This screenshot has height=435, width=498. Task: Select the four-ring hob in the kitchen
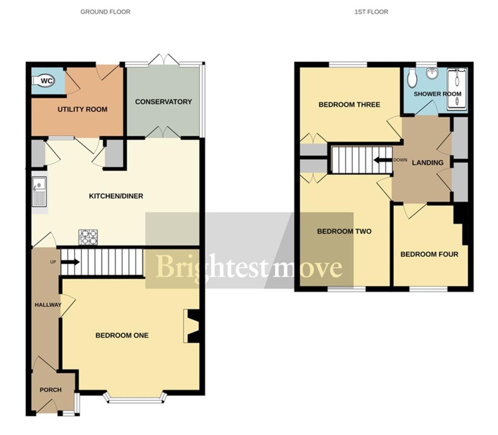tap(88, 237)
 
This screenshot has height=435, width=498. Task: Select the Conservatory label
tap(163, 102)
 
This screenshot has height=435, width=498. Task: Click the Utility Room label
tap(82, 109)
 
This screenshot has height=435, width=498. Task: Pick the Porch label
tap(50, 390)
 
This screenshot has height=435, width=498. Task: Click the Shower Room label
tap(437, 94)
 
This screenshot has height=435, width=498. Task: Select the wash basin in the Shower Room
tap(432, 73)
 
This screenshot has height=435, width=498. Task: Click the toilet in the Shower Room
tap(412, 78)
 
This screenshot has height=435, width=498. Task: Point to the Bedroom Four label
tap(429, 254)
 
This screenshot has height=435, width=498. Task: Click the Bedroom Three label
tap(349, 104)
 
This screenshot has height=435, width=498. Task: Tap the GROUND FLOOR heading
tap(105, 12)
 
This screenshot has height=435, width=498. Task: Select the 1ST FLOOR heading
tap(371, 12)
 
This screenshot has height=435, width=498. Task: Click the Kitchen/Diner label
tap(116, 196)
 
